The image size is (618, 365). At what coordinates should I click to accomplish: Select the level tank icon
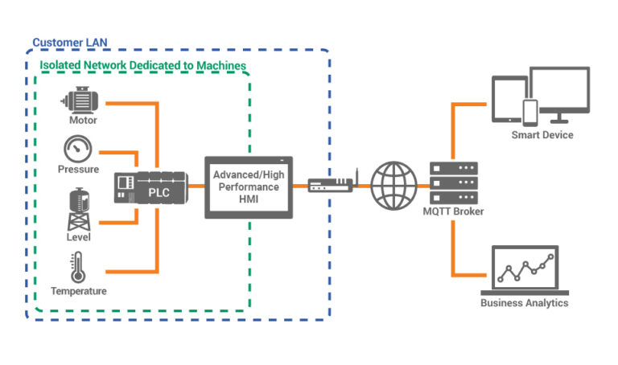(78, 208)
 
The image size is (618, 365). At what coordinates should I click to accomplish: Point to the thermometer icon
(78, 267)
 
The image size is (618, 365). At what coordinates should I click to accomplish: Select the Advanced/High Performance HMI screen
(249, 186)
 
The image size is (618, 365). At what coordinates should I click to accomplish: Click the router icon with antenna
(331, 184)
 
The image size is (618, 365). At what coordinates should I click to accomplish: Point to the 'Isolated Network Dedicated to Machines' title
(142, 65)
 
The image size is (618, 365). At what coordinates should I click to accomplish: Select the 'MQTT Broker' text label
(455, 211)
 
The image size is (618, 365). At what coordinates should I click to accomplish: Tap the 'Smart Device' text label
(542, 135)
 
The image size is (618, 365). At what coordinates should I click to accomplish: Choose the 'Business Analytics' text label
(524, 303)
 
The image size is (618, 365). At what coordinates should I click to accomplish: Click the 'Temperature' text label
(78, 290)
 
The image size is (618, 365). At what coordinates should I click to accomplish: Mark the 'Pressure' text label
(78, 170)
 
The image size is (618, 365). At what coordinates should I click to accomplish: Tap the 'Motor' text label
(82, 121)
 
